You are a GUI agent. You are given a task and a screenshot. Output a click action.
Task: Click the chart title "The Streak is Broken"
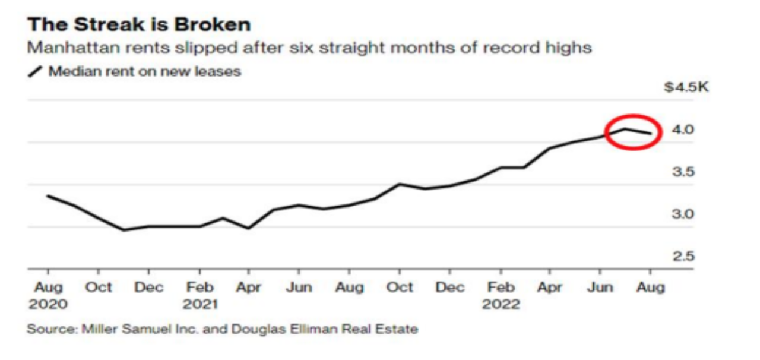139,25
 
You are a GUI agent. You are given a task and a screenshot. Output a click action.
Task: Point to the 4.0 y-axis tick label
683,130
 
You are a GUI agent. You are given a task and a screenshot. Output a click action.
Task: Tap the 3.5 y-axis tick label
683,172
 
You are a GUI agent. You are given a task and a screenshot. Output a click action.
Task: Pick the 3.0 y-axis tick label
683,214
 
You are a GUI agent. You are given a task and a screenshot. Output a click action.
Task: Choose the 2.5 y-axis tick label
683,257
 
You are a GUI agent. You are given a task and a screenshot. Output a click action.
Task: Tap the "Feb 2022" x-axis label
501,296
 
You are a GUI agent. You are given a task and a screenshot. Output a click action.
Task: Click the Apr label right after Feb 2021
249,288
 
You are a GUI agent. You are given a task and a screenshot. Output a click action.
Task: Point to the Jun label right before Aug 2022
600,288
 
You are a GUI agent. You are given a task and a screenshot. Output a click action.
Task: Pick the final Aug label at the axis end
650,288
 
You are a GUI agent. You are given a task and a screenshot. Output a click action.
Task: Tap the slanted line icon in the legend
36,72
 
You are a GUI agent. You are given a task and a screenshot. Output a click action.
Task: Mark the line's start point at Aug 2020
47,196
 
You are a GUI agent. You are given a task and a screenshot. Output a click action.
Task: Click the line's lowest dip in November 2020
123,230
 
